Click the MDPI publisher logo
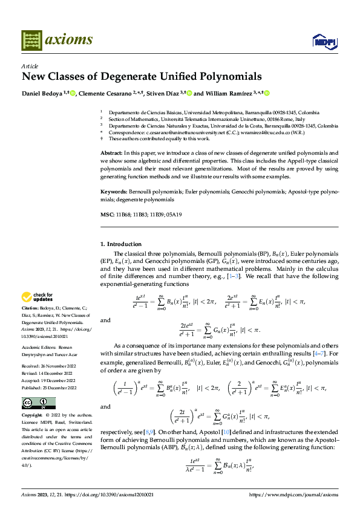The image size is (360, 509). (324, 41)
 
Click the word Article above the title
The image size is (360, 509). (30, 66)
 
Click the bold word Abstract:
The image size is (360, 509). (112, 154)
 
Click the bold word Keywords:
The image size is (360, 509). (114, 191)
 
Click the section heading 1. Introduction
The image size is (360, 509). (120, 244)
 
